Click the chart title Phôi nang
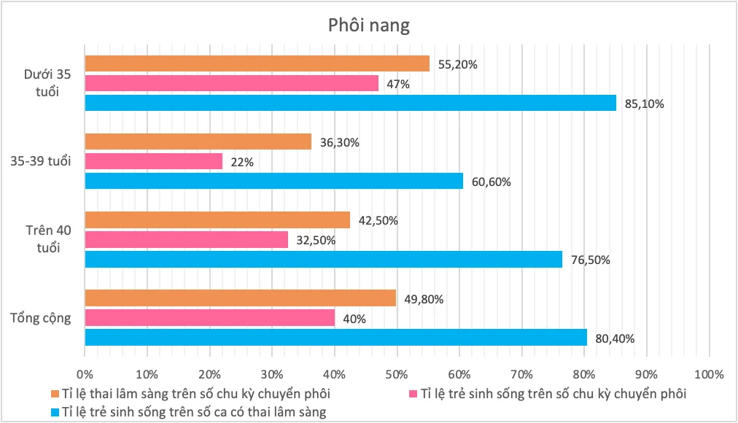(x=368, y=26)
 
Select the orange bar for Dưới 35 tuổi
(x=257, y=63)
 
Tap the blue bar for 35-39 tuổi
(x=273, y=181)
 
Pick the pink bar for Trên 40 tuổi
(x=186, y=239)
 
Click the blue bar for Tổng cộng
(x=335, y=337)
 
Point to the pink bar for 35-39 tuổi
(x=153, y=161)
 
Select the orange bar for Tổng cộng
(x=240, y=298)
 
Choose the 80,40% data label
(x=614, y=338)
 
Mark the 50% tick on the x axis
(x=397, y=375)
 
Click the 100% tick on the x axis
(x=708, y=375)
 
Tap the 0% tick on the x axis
(x=85, y=375)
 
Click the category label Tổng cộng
(x=41, y=318)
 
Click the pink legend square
(x=413, y=395)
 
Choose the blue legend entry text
(x=190, y=412)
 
